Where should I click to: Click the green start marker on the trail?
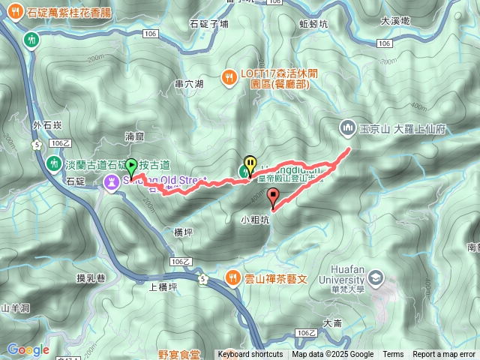click(x=131, y=166)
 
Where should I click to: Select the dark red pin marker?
click(x=273, y=197)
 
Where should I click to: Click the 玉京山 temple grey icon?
click(x=346, y=128)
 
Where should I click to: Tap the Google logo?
click(x=28, y=349)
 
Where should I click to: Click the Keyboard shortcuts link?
click(x=250, y=355)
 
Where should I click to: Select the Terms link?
click(x=393, y=355)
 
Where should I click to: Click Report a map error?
click(x=445, y=355)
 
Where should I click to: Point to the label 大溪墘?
click(x=394, y=21)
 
